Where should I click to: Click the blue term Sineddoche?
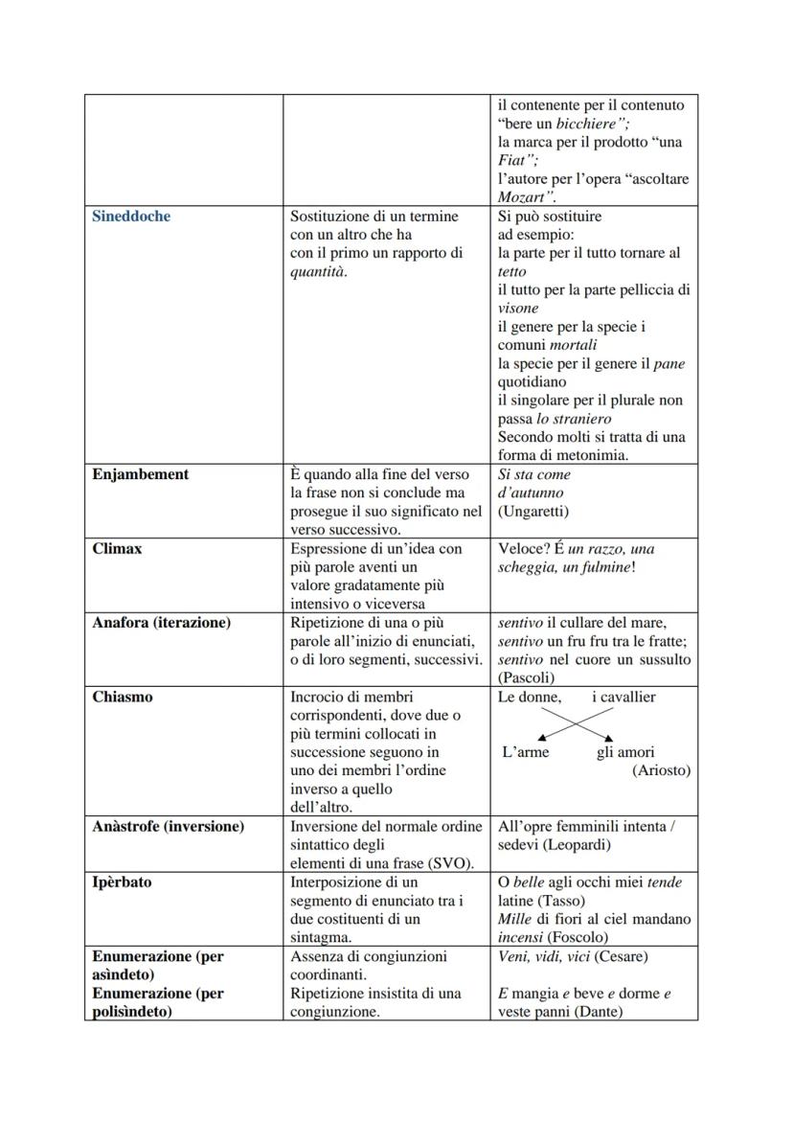131,217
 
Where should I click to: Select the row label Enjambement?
140,474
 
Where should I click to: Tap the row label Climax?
117,549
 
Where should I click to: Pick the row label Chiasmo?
122,698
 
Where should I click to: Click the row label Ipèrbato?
122,882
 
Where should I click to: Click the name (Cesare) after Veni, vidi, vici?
620,956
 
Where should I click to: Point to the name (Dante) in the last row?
595,1012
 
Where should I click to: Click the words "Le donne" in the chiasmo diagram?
529,698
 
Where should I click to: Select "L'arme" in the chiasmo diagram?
526,752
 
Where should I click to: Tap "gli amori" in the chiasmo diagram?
625,752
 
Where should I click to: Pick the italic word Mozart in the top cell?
522,197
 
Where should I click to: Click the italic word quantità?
318,272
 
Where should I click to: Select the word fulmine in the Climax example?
601,567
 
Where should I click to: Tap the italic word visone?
518,309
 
